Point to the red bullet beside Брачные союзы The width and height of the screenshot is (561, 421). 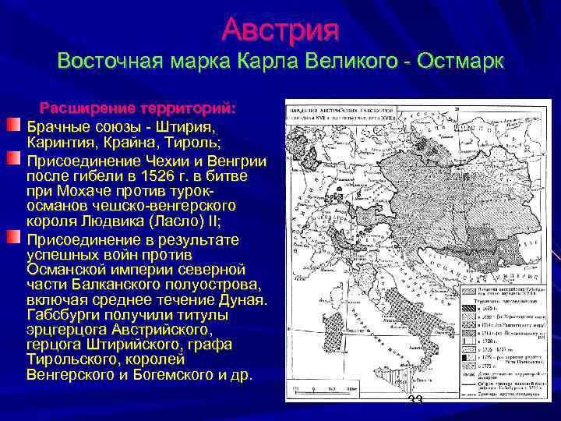[x=13, y=125]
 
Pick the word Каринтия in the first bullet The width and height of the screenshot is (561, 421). [x=59, y=143]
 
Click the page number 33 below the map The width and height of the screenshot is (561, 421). [x=415, y=400]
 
